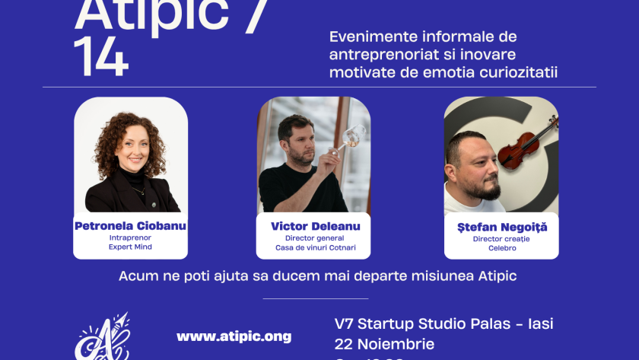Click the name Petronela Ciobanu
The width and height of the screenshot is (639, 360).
[x=130, y=226]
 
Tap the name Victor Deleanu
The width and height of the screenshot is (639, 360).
[x=315, y=226]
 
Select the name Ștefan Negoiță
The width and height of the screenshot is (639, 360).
[x=501, y=227]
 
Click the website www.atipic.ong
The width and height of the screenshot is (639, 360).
[x=234, y=336]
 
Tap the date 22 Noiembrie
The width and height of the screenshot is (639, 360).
[x=384, y=343]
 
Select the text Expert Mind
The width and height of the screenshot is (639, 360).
[x=130, y=248]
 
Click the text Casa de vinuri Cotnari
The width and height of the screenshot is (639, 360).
[x=315, y=248]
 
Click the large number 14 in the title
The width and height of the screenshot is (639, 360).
[x=101, y=58]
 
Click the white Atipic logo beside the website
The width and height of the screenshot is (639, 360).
[x=102, y=338]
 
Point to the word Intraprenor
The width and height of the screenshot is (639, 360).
[x=130, y=237]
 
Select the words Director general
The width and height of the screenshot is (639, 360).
[x=315, y=237]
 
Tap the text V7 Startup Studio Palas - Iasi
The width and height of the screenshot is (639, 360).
[x=444, y=323]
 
